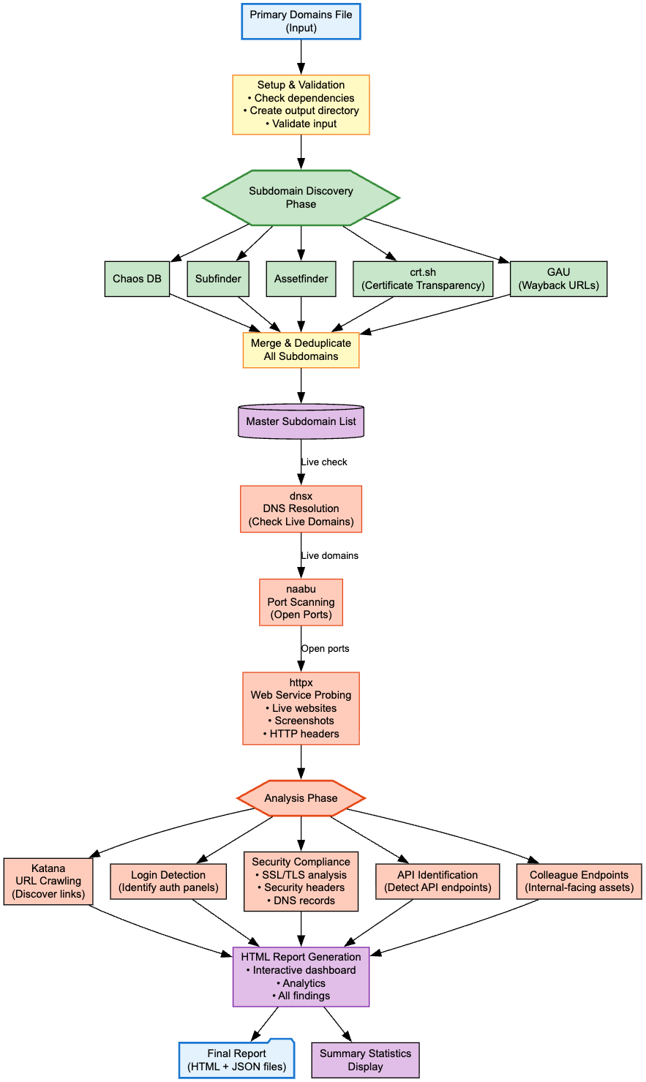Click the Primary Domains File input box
(301, 21)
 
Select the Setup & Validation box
(301, 105)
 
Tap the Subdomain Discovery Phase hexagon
(301, 198)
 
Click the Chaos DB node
(137, 279)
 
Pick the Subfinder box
(218, 279)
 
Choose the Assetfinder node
(301, 279)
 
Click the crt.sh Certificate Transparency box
(423, 279)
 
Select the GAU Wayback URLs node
(558, 279)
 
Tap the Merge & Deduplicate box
(301, 350)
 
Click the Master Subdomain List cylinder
(301, 421)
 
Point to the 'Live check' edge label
(324, 462)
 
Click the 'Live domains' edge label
(330, 556)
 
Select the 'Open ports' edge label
(326, 649)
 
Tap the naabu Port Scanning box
(301, 602)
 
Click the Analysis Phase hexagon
(301, 798)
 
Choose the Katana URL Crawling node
(48, 882)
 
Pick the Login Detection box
(168, 882)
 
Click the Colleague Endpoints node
(579, 882)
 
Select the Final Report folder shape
(236, 1059)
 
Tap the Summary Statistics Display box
(365, 1060)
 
